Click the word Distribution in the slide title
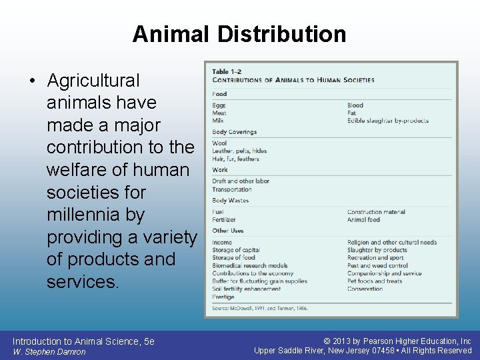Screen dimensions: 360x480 coord(288,34)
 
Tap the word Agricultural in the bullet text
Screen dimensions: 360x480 coord(93,81)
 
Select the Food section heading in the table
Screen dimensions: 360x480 coord(219,94)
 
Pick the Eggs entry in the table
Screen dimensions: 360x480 coord(219,105)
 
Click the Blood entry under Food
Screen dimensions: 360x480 coord(355,105)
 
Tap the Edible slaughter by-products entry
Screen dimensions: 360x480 coord(387,121)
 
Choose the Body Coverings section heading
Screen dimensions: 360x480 coord(234,132)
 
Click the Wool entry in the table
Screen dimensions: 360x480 coord(219,143)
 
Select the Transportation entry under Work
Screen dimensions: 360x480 coord(232,189)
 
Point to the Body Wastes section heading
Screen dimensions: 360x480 coord(230,201)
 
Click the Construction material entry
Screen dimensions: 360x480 coord(376,212)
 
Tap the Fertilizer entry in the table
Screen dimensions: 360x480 coord(224,219)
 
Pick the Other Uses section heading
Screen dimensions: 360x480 coord(228,231)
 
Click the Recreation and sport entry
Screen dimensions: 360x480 coord(375,257)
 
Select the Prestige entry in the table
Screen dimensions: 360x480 coord(223,297)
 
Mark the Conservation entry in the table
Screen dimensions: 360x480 coord(365,289)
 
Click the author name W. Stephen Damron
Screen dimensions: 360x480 coord(49,351)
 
